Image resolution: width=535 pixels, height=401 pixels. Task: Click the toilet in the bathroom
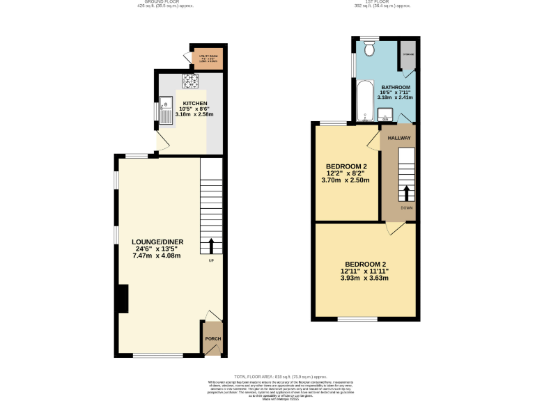[x=370, y=48]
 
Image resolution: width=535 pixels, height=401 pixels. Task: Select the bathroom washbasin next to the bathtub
[x=385, y=116]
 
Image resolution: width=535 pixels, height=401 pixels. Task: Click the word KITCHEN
[x=195, y=103]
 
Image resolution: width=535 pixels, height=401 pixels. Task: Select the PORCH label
[x=212, y=339]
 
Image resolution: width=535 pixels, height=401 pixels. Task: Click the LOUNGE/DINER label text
[x=157, y=242]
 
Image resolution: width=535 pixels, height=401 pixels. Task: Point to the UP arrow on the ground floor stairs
[x=210, y=246]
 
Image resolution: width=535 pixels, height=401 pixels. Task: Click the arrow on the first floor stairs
[x=406, y=193]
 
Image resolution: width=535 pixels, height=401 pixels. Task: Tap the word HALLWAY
[x=400, y=138]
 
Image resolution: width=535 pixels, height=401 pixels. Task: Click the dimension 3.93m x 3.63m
[x=364, y=278]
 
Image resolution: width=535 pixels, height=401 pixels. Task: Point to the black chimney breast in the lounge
[x=123, y=299]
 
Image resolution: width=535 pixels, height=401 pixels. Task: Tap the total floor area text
[x=281, y=376]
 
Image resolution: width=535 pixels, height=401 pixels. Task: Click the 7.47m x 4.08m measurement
[x=157, y=255]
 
